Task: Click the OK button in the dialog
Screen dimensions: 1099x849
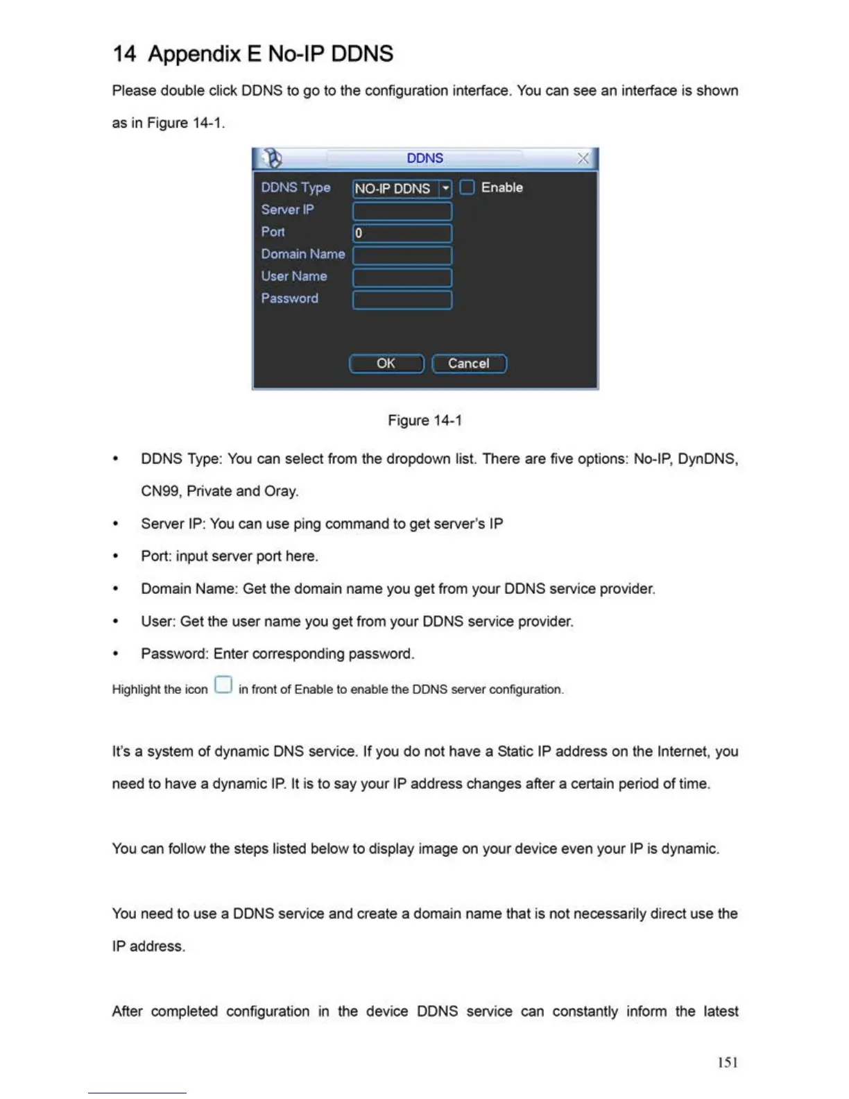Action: tap(386, 364)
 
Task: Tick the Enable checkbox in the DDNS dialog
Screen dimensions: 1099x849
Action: tap(467, 187)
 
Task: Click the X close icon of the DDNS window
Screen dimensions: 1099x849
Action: tap(583, 159)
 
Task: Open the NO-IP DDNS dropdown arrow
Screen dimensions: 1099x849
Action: tap(445, 188)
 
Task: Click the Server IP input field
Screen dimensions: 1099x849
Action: tap(402, 211)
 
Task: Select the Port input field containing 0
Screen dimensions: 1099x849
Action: tap(402, 233)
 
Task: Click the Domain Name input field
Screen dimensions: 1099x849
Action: tap(402, 255)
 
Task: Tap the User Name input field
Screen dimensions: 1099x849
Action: tap(402, 278)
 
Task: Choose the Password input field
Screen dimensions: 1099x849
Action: tap(402, 300)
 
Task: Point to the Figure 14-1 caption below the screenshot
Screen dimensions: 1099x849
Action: tap(424, 420)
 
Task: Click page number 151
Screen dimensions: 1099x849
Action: tap(728, 1062)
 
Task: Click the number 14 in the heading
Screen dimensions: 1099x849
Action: tap(124, 54)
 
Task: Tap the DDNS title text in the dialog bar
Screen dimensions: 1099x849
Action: tap(424, 158)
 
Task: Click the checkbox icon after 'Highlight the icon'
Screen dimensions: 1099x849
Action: tap(223, 685)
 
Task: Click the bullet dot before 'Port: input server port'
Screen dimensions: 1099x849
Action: tap(116, 556)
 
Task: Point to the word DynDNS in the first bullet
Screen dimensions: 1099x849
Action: tap(707, 459)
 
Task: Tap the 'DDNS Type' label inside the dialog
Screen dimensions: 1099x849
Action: tap(295, 187)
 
